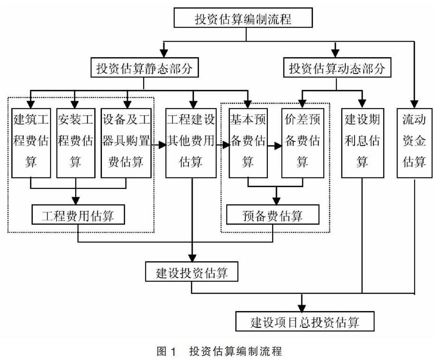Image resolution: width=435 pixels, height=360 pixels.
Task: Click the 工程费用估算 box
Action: click(78, 216)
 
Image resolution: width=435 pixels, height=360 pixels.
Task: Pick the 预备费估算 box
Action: click(272, 216)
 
